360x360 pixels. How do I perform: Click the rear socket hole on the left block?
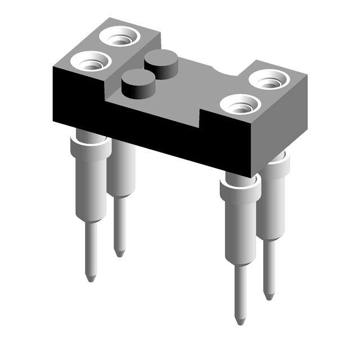point(119,38)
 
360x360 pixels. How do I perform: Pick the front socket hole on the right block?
point(240,104)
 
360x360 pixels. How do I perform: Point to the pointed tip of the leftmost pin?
point(90,278)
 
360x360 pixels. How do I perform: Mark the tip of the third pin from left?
point(240,321)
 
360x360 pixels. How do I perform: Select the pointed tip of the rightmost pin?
point(269,296)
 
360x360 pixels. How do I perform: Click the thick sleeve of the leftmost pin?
point(89,180)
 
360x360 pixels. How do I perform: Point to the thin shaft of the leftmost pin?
point(89,247)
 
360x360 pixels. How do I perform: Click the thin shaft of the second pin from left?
point(119,225)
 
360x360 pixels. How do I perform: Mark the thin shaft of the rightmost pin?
point(269,267)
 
